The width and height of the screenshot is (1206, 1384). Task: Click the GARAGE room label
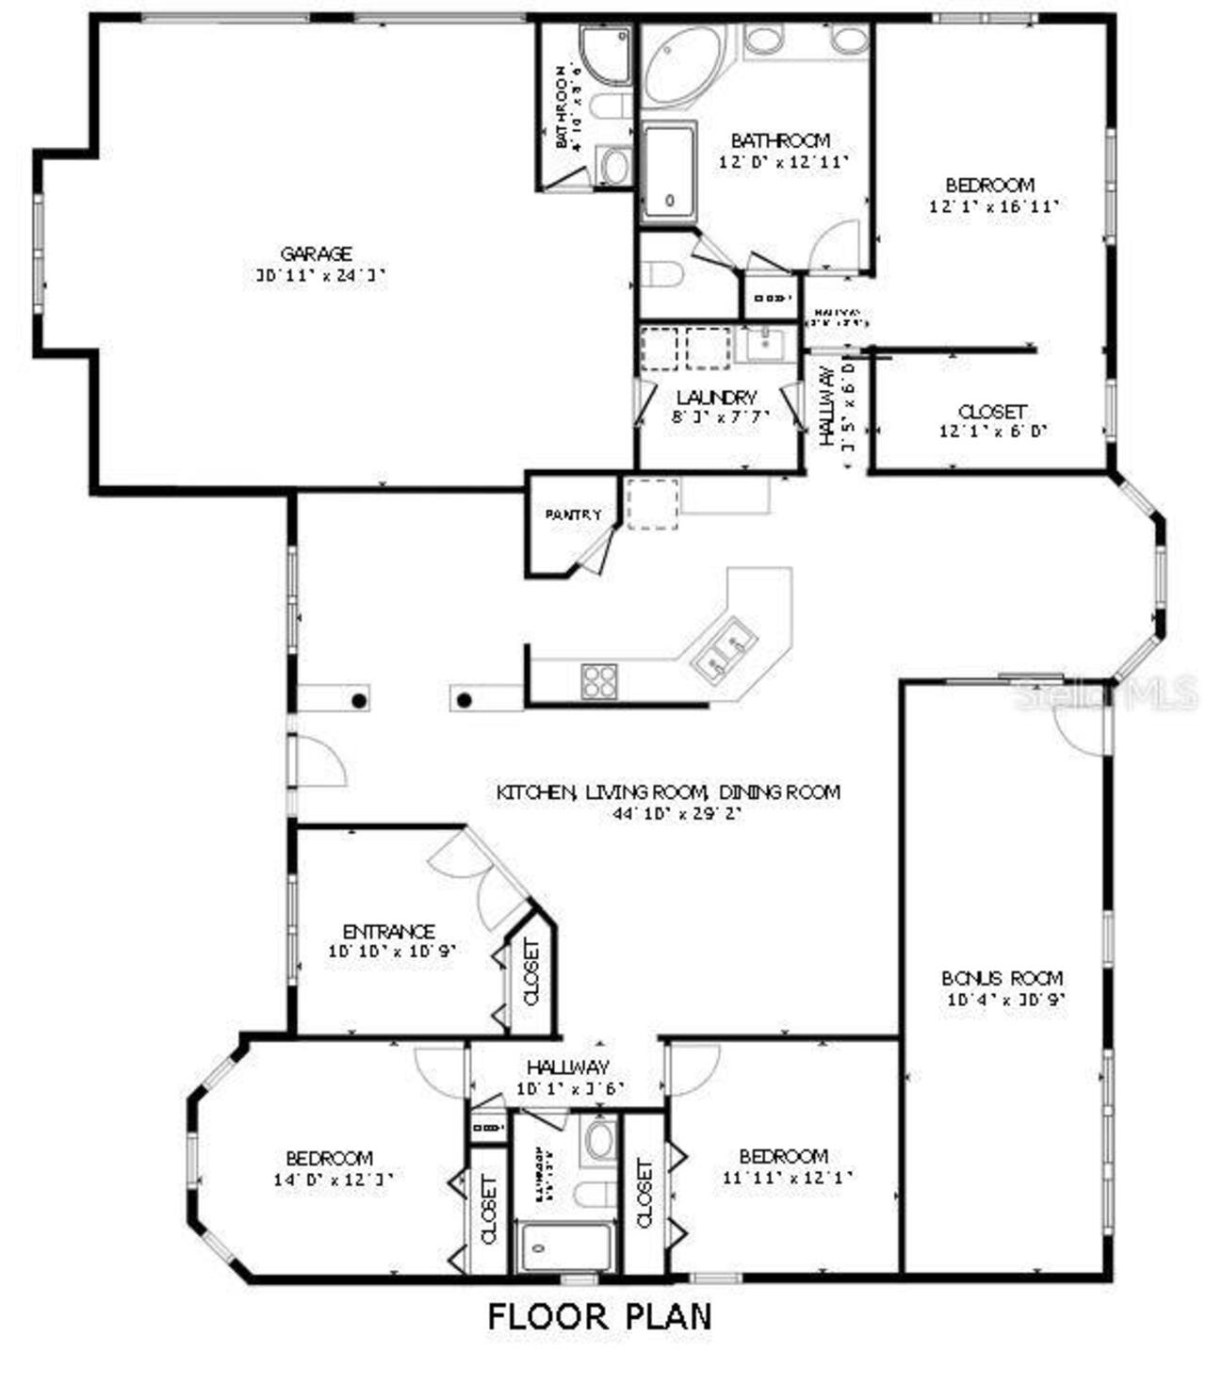[316, 253]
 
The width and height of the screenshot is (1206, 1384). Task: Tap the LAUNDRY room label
[716, 398]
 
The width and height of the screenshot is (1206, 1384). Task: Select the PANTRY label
[573, 515]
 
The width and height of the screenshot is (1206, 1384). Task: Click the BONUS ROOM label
[1002, 978]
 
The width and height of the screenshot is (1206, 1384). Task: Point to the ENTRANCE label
[389, 931]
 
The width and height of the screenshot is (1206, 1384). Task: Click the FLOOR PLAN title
[599, 1316]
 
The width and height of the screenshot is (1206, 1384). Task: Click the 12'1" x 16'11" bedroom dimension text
[990, 207]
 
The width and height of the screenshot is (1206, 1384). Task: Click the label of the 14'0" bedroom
[329, 1158]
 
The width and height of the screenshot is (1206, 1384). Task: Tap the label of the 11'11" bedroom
[783, 1156]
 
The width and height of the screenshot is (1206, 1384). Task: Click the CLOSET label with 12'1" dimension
[991, 412]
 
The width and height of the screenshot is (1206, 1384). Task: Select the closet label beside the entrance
[530, 972]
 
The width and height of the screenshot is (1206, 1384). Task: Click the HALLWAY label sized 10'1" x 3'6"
[567, 1067]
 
